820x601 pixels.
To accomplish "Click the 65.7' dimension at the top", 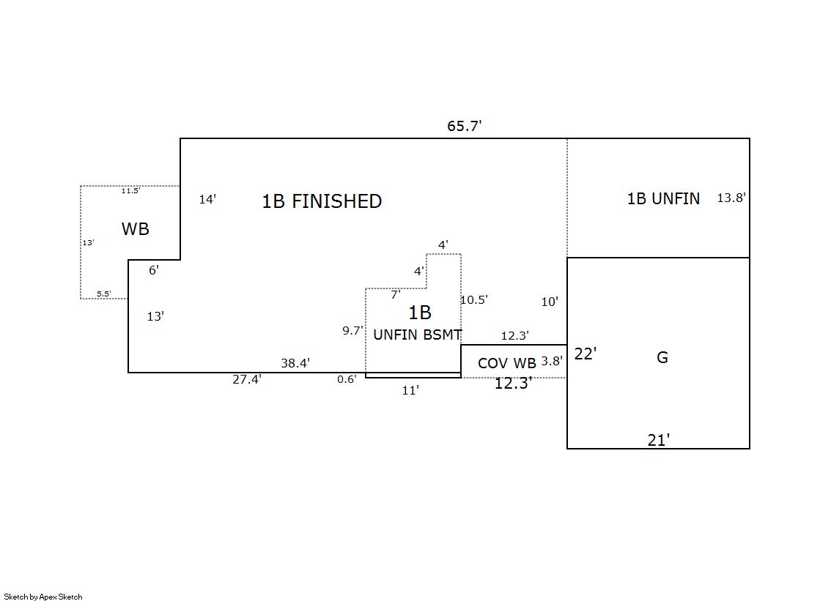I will pos(464,126).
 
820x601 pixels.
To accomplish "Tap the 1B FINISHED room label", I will pos(322,201).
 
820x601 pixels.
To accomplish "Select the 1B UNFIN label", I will pos(663,198).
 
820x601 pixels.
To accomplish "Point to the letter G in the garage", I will pos(662,358).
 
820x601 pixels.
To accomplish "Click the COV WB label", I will pos(507,363).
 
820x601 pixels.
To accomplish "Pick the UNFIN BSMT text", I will pos(417,335).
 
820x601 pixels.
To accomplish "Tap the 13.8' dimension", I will pos(731,198).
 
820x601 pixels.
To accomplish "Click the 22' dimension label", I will pos(585,354).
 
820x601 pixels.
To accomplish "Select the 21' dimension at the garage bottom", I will pos(658,440).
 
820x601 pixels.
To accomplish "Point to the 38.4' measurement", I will pos(295,362).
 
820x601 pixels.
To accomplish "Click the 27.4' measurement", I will pos(247,379).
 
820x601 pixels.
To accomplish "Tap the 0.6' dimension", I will pos(347,379).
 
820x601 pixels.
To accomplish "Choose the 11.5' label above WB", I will pos(130,191).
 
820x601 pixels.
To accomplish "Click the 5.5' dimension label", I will pos(104,294).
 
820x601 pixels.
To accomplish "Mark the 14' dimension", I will pos(207,199).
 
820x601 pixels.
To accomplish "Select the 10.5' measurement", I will pos(474,299).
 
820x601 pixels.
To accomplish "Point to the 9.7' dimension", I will pos(352,330).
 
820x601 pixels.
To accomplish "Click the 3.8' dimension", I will pos(551,361).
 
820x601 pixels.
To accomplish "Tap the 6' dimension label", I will pos(153,270).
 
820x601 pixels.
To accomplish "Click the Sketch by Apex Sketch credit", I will pos(43,597).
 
